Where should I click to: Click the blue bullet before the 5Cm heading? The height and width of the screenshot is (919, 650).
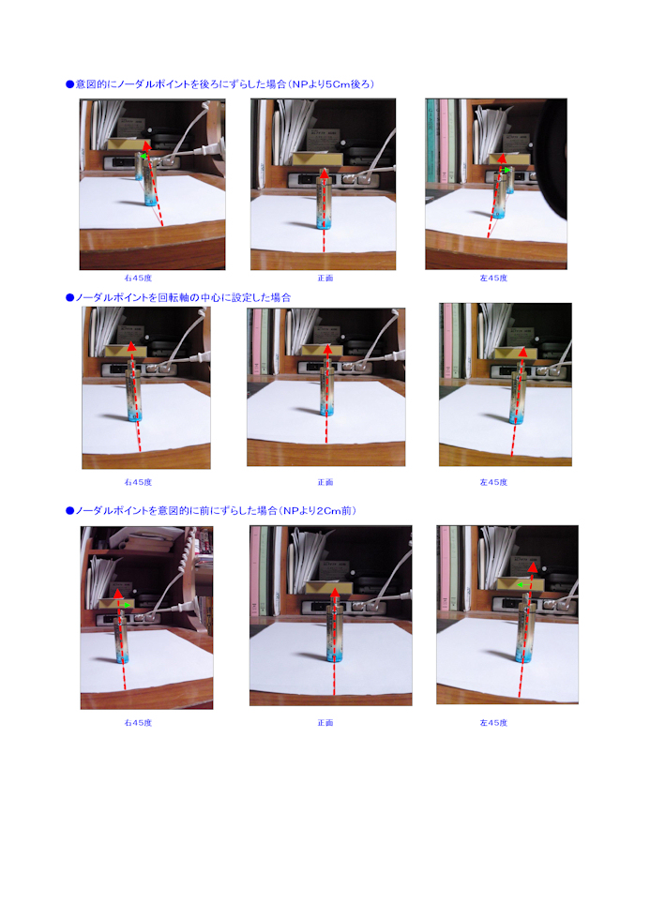pyautogui.click(x=69, y=84)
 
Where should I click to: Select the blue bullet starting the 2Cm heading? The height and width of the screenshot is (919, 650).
pyautogui.click(x=69, y=510)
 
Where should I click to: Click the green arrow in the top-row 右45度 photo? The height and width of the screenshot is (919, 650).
pyautogui.click(x=143, y=157)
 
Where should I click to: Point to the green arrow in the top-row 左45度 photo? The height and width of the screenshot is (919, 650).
pyautogui.click(x=506, y=170)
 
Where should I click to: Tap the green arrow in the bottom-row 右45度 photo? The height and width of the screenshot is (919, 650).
pyautogui.click(x=124, y=605)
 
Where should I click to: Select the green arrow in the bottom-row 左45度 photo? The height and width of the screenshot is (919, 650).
pyautogui.click(x=523, y=584)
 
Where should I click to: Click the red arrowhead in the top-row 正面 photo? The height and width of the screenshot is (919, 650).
pyautogui.click(x=324, y=173)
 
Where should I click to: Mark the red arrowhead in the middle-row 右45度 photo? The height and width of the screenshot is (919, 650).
pyautogui.click(x=132, y=346)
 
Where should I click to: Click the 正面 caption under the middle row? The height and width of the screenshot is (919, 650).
pyautogui.click(x=325, y=482)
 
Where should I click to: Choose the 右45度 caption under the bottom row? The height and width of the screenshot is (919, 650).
pyautogui.click(x=138, y=723)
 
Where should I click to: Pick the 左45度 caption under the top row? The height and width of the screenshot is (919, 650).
pyautogui.click(x=493, y=278)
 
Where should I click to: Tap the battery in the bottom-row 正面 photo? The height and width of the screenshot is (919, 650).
pyautogui.click(x=335, y=634)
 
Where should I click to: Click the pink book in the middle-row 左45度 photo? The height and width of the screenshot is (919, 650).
pyautogui.click(x=447, y=339)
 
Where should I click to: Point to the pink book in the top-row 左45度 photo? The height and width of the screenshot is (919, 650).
pyautogui.click(x=445, y=141)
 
